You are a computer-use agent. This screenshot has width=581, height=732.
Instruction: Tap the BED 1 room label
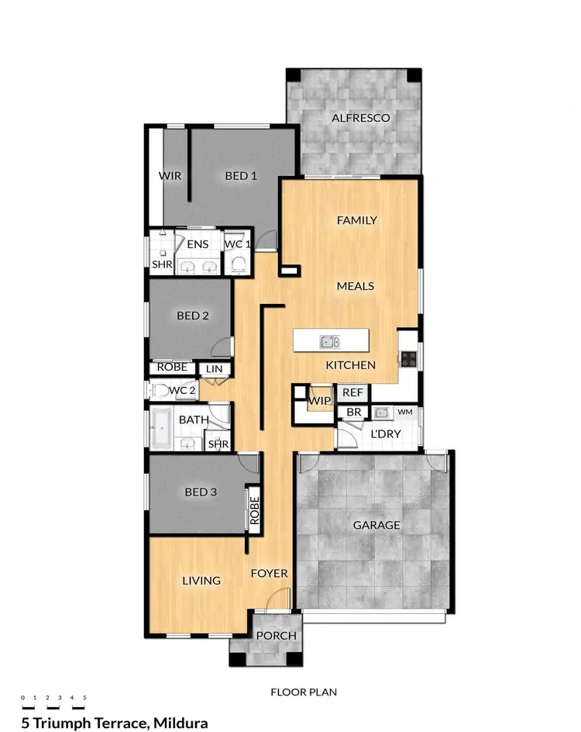pyautogui.click(x=241, y=176)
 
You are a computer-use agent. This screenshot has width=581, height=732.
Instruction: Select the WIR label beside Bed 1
pyautogui.click(x=170, y=176)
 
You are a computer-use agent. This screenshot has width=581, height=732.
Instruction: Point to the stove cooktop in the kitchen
pyautogui.click(x=409, y=358)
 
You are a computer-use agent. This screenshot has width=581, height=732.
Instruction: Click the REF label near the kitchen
pyautogui.click(x=352, y=393)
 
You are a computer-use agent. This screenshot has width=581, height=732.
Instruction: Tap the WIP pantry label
pyautogui.click(x=319, y=401)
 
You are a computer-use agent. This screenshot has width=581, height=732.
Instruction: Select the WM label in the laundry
pyautogui.click(x=405, y=412)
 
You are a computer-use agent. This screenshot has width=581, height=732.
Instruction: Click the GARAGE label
pyautogui.click(x=376, y=525)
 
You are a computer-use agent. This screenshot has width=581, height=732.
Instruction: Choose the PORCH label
pyautogui.click(x=276, y=636)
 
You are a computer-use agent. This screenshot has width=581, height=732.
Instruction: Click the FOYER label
pyautogui.click(x=269, y=574)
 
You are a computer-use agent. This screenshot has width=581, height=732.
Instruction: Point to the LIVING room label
pyautogui.click(x=201, y=580)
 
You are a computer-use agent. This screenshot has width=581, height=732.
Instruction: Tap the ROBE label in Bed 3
pyautogui.click(x=253, y=509)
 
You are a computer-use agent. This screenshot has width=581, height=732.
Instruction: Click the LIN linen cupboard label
pyautogui.click(x=213, y=370)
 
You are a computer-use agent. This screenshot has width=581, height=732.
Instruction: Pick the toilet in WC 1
pyautogui.click(x=238, y=264)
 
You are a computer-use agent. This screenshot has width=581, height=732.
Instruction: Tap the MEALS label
pyautogui.click(x=356, y=286)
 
